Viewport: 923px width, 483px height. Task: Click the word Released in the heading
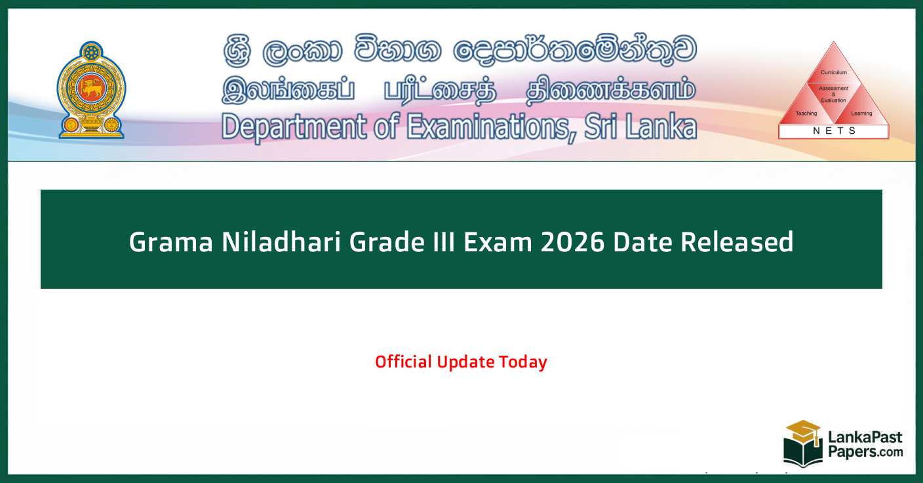point(737,242)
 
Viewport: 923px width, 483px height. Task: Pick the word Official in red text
point(403,362)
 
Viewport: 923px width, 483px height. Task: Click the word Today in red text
point(522,362)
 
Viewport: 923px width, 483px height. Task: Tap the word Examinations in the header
point(488,126)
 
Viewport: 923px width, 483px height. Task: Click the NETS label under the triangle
point(834,131)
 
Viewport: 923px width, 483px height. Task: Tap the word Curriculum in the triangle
point(834,72)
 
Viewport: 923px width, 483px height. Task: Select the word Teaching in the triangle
point(806,114)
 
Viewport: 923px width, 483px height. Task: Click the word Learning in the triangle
point(861,114)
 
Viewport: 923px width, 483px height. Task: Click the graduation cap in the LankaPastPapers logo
point(804,432)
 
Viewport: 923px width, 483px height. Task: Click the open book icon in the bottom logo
point(802,453)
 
